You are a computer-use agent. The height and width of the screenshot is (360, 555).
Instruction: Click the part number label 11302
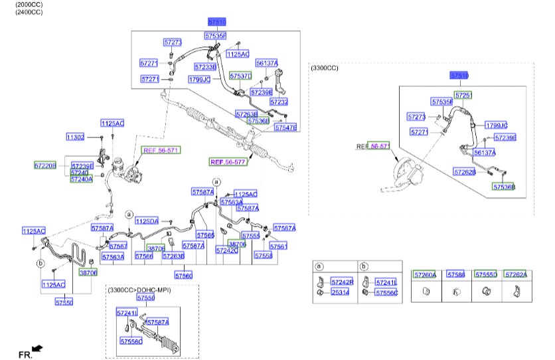75,137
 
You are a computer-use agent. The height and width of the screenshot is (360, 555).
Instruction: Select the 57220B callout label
45,165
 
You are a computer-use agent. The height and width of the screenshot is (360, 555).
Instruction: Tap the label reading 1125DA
147,221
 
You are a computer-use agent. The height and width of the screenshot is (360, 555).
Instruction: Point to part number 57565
205,234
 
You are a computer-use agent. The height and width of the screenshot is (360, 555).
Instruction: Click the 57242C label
227,250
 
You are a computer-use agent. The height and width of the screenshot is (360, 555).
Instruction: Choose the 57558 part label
263,255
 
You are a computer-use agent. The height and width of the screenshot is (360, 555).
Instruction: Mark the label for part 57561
279,246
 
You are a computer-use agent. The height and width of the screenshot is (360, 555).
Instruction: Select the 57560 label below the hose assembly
184,275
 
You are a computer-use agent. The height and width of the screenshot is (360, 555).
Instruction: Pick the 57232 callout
279,102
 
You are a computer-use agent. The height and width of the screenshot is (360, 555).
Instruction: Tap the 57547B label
285,127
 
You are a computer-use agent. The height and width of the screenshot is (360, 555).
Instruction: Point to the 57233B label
205,66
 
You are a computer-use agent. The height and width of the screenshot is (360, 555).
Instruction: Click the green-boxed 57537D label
240,76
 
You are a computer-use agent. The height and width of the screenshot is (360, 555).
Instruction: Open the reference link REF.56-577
228,161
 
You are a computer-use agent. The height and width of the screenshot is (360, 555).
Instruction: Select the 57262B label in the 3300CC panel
465,171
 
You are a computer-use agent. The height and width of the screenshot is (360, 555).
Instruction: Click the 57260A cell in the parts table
424,274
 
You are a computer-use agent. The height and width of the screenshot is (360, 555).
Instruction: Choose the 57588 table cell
455,274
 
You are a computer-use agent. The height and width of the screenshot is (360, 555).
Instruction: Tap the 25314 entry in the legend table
342,292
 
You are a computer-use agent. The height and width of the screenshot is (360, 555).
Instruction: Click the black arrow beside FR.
38,347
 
